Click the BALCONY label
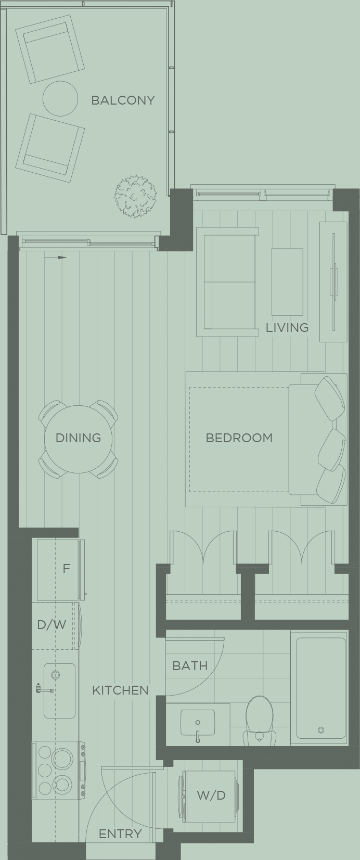click(123, 100)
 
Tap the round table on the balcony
click(60, 98)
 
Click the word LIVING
click(287, 327)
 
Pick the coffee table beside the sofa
click(287, 281)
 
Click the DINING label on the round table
click(78, 438)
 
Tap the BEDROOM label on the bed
click(239, 438)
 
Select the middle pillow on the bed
click(331, 447)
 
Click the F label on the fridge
click(66, 568)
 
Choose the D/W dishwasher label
click(52, 624)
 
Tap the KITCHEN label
click(120, 690)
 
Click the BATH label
click(190, 665)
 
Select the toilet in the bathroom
click(260, 718)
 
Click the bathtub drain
click(321, 730)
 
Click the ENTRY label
click(120, 834)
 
